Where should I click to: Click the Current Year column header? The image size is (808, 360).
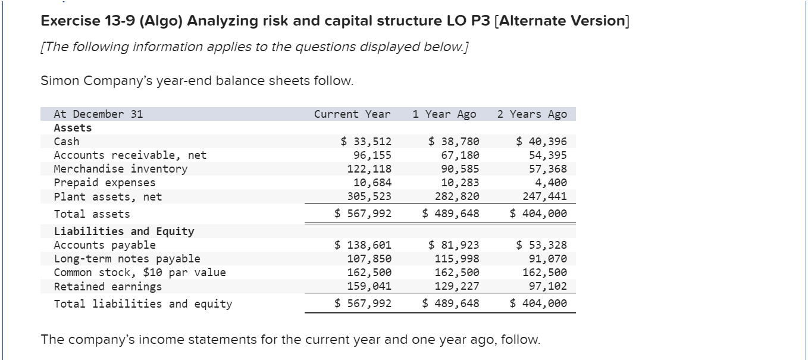point(352,114)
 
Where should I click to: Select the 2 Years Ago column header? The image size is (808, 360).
point(532,114)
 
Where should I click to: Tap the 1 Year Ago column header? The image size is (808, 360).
point(444,114)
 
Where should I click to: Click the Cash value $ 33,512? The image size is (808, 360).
point(366,142)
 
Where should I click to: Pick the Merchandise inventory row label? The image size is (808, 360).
point(120,169)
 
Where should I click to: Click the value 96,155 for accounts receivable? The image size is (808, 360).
point(372,155)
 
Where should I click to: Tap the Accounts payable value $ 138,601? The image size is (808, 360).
point(362,245)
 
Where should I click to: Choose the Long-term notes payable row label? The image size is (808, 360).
point(127,259)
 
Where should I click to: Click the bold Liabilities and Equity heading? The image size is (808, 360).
point(124,231)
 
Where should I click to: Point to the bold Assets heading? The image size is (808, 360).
point(73,128)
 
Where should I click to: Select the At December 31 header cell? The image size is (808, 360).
point(98,114)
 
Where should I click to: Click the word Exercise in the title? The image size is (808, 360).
point(71,21)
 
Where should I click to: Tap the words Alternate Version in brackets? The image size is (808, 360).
point(562,21)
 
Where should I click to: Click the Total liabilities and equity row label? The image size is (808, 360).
point(143,304)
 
